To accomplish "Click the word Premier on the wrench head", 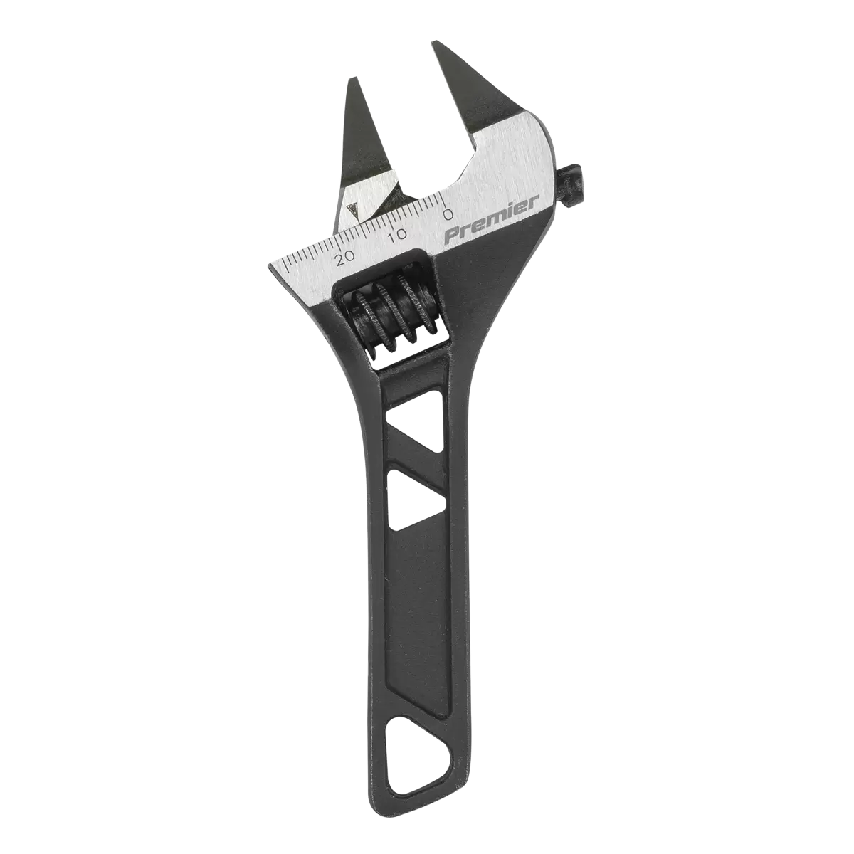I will [491, 220].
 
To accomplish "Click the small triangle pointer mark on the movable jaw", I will [351, 211].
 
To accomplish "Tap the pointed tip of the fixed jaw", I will [436, 45].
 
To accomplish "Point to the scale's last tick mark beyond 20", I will [283, 268].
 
